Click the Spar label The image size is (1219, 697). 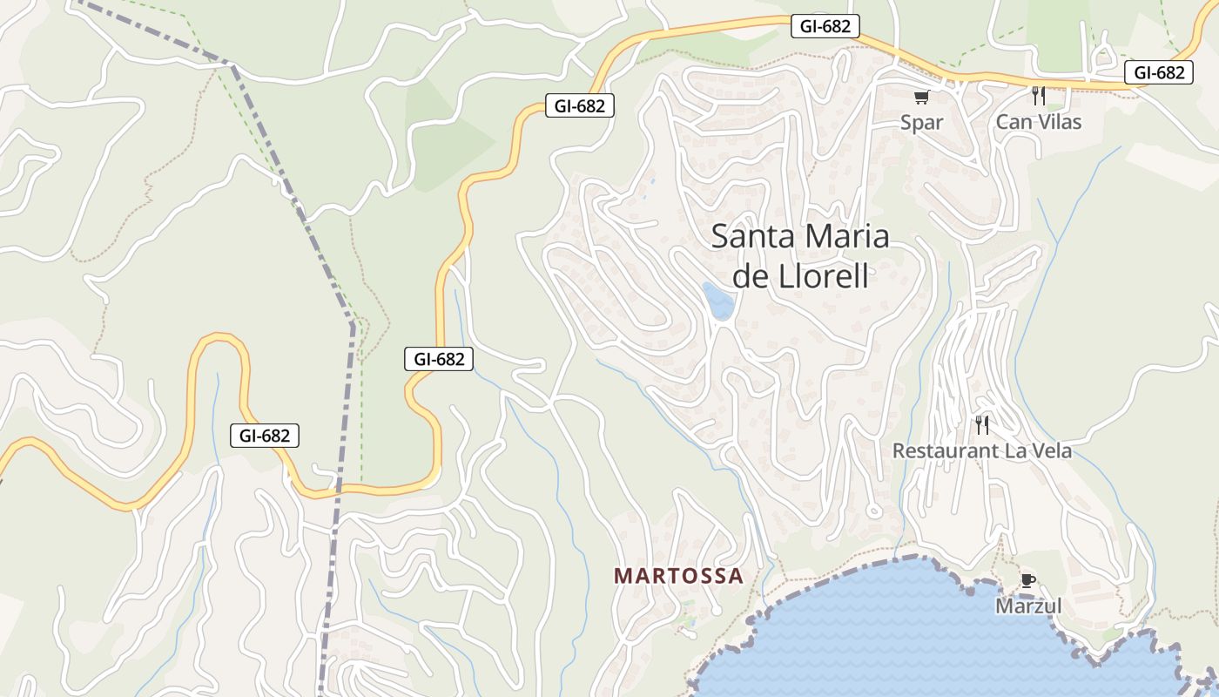(921, 122)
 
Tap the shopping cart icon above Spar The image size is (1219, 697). (921, 98)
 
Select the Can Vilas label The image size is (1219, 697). (1038, 122)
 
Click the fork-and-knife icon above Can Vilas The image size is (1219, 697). (1038, 96)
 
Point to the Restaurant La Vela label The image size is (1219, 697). (981, 451)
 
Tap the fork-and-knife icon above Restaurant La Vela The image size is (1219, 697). (982, 425)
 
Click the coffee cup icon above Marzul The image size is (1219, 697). (1027, 580)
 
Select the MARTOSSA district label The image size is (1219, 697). (679, 576)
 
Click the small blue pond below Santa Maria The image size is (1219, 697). (719, 301)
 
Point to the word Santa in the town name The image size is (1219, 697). (754, 237)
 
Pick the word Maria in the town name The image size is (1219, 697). (847, 237)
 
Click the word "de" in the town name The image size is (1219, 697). (749, 276)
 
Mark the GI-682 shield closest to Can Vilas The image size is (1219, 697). (1158, 72)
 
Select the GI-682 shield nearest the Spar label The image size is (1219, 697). (825, 26)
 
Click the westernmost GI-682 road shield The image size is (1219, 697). (265, 436)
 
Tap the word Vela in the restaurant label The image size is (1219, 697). (1049, 451)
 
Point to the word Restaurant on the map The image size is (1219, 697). (946, 451)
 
